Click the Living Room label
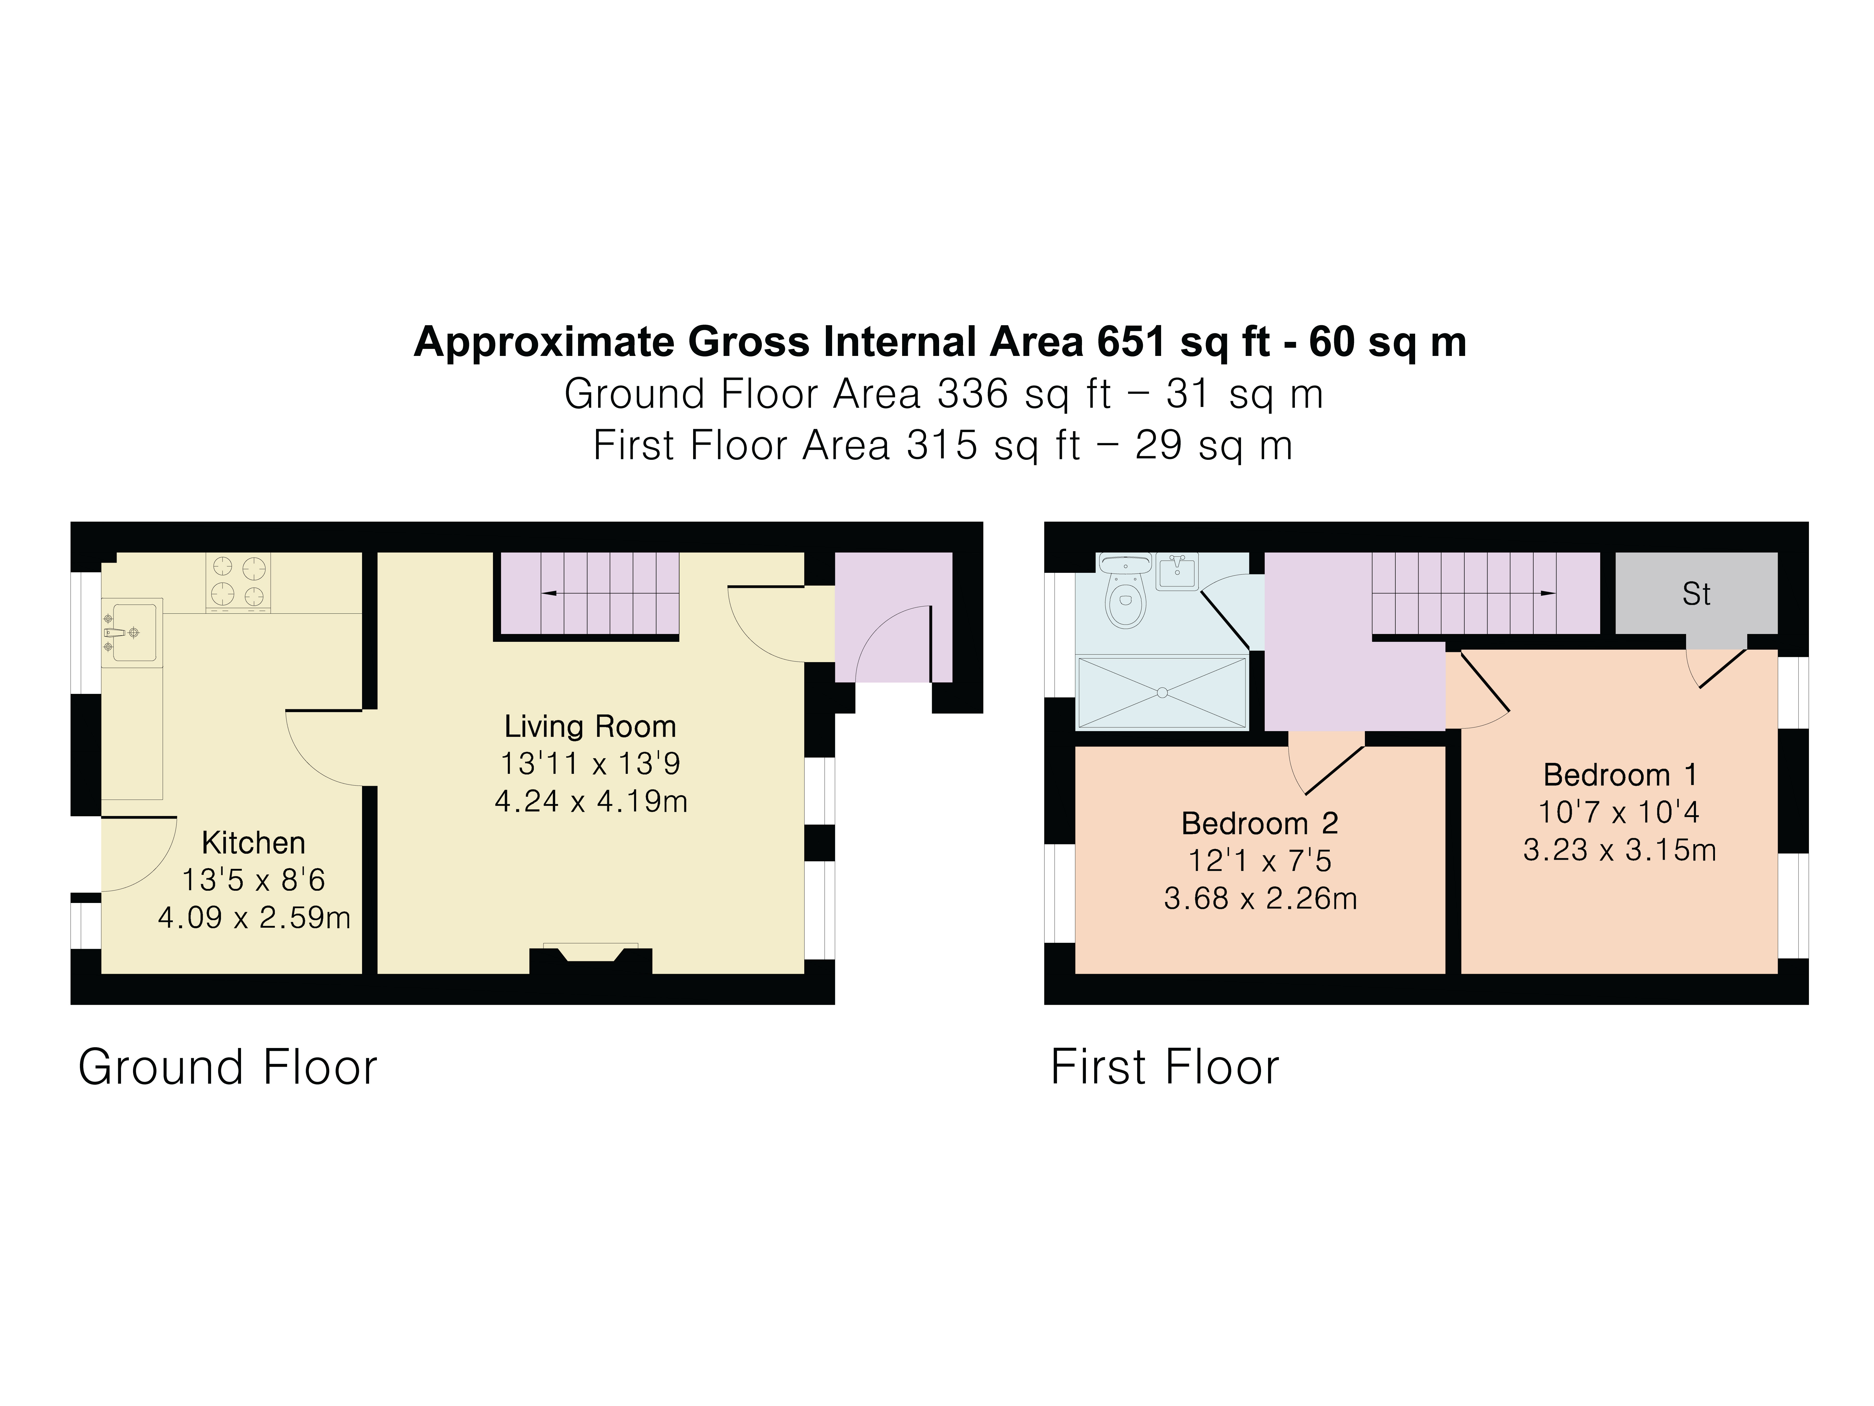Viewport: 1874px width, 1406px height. click(x=591, y=726)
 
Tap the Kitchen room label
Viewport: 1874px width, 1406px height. click(x=253, y=842)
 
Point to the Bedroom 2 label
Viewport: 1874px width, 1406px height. click(x=1260, y=823)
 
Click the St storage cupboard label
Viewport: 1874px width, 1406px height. click(x=1696, y=594)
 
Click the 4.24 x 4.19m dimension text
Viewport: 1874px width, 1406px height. click(x=591, y=801)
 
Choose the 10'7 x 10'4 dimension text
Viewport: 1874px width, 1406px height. click(x=1619, y=812)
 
